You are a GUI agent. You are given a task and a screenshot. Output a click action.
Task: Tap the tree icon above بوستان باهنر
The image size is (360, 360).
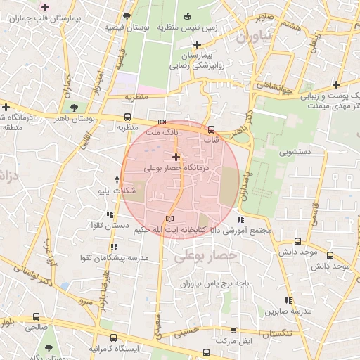click(74, 107)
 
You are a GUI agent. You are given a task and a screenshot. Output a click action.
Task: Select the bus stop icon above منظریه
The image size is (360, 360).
click(127, 117)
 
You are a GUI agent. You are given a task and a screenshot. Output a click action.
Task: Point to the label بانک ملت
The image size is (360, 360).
click(163, 131)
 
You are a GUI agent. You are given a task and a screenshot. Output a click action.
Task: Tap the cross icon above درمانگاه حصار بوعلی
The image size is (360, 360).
click(176, 156)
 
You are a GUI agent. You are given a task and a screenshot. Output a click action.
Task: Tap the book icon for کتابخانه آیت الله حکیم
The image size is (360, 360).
click(169, 220)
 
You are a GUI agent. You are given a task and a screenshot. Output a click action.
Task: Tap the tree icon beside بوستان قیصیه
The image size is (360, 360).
click(125, 15)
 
